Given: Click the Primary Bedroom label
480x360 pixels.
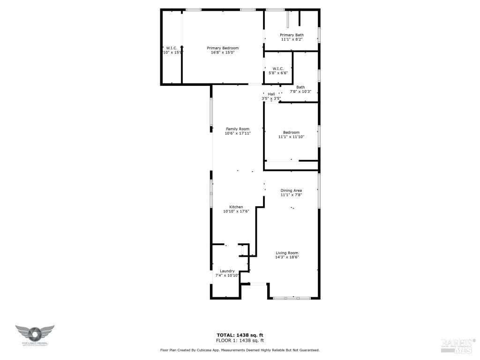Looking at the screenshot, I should (x=223, y=48).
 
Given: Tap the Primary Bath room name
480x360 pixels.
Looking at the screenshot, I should (x=292, y=35).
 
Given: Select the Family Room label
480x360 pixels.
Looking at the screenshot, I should (x=238, y=129).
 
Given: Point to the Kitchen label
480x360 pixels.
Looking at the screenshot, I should (x=236, y=207).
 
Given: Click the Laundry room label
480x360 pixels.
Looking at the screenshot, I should (x=227, y=271).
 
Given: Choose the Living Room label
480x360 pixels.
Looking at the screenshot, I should (x=287, y=253).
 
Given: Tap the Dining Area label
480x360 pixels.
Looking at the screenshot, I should (x=291, y=190).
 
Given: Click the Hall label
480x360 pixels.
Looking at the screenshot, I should (x=271, y=94).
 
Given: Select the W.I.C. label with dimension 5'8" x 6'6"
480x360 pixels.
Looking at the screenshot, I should (x=278, y=68).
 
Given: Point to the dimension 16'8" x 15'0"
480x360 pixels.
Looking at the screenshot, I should (x=223, y=52).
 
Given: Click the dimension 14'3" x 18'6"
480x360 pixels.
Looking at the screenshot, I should (x=287, y=257).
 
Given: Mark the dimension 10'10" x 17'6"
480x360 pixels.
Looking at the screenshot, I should (x=236, y=211).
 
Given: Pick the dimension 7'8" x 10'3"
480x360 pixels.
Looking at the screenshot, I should (x=300, y=91).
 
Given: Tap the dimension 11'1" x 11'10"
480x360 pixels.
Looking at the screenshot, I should (x=291, y=137).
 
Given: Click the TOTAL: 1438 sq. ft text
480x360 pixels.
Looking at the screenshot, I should (x=240, y=335).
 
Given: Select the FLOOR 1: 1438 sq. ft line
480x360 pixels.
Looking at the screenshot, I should (x=240, y=340).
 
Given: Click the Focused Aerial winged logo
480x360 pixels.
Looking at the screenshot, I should (x=35, y=334).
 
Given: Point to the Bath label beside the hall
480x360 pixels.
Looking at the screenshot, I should (x=300, y=87).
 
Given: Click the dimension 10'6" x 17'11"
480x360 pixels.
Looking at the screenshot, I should (x=238, y=134).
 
